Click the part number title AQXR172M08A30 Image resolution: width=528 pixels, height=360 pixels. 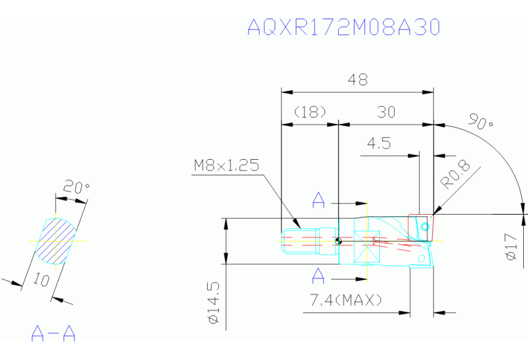[x=343, y=27]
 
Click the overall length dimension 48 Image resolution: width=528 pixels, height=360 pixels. [x=357, y=80]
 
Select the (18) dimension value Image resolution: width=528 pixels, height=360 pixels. [x=309, y=112]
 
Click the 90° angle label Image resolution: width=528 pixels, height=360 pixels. [x=481, y=121]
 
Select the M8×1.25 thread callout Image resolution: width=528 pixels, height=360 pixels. [x=226, y=165]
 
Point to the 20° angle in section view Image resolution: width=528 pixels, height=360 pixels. [x=77, y=187]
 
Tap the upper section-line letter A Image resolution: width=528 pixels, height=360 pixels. [x=319, y=200]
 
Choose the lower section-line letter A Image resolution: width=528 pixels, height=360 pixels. [x=319, y=276]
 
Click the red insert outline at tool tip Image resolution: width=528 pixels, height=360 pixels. [x=420, y=227]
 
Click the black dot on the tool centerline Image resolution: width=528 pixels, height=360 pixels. [x=338, y=241]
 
